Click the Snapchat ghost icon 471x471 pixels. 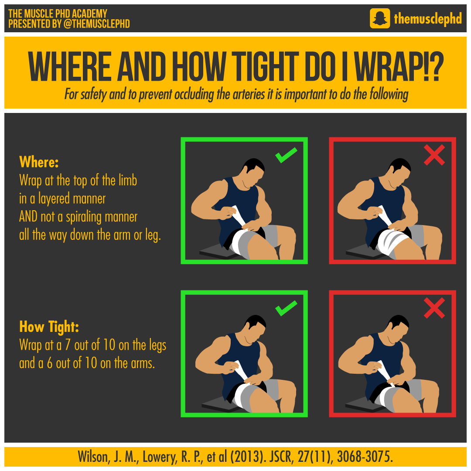click(379, 19)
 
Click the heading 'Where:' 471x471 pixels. click(39, 162)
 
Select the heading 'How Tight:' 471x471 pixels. click(49, 327)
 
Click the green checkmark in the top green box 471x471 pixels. click(286, 155)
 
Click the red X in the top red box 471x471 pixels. click(434, 155)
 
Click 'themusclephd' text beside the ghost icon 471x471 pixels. click(427, 19)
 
